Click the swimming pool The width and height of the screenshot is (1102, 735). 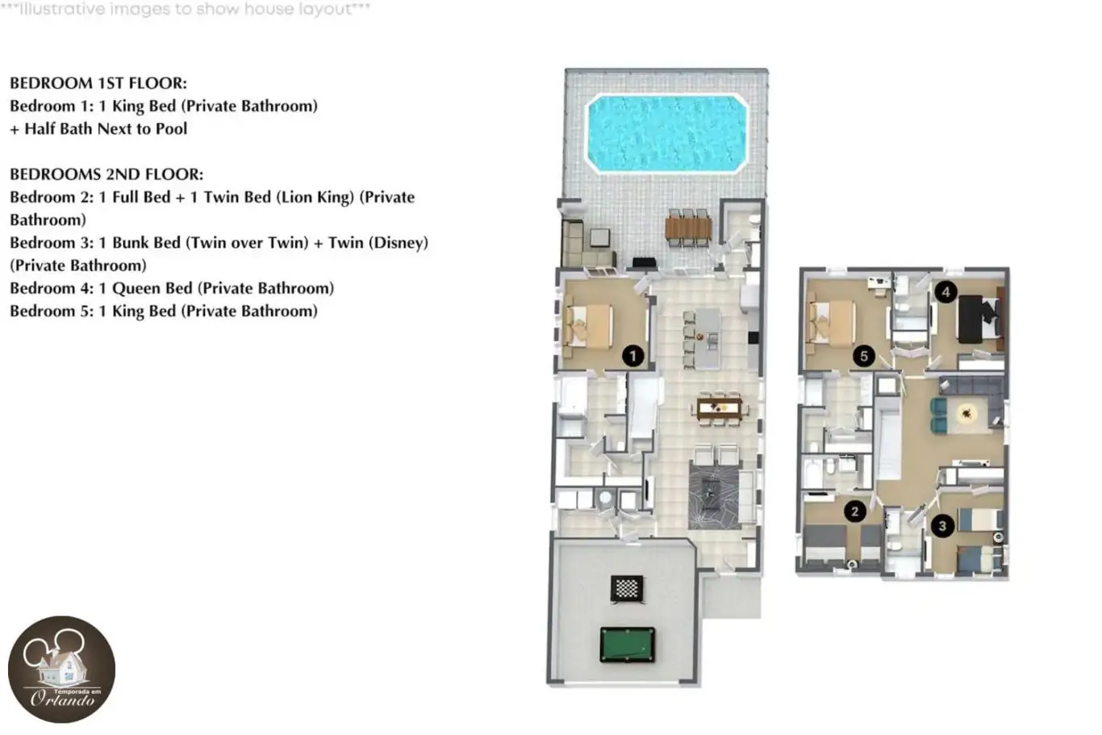coord(667,133)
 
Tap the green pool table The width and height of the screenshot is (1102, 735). coord(628,645)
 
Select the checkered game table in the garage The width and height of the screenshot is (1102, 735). coord(627,588)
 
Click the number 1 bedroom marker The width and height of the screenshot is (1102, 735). coord(632,356)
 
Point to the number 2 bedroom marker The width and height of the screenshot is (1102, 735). coord(855,512)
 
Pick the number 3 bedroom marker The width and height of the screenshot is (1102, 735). coord(942,526)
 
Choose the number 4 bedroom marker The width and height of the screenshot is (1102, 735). coord(945,292)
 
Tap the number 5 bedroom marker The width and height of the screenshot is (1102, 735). coord(864,356)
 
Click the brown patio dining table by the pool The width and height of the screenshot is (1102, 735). coord(688,228)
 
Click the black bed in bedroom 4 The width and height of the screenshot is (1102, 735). coord(979,319)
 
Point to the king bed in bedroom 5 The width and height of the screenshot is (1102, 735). coord(832,321)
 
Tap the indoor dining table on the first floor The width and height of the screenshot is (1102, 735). coord(720,408)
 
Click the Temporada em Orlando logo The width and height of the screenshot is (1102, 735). coord(61,669)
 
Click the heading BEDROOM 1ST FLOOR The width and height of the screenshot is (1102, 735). coord(98,83)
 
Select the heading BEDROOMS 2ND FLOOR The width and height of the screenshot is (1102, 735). coord(106,174)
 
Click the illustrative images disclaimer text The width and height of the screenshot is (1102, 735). coord(186,9)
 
